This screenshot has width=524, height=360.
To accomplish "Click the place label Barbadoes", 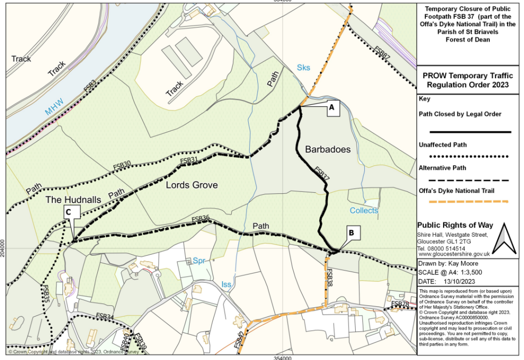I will (327, 149).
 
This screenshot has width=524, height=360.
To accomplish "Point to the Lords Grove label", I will (192, 185).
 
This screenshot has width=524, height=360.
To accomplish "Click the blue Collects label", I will (364, 211).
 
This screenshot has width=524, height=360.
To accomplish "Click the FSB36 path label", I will (201, 219).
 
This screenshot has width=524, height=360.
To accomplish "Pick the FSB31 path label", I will (189, 161).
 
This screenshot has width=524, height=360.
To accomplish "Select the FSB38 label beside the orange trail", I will (330, 277).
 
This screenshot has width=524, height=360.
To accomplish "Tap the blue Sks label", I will (303, 68).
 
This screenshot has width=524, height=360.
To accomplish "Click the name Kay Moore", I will (465, 264).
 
